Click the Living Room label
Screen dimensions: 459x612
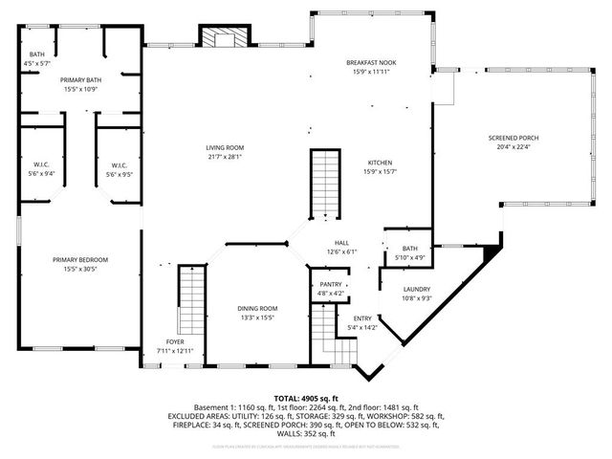pyautogui.click(x=226, y=147)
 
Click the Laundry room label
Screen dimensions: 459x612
pyautogui.click(x=416, y=289)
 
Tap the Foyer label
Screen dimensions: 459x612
pyautogui.click(x=175, y=341)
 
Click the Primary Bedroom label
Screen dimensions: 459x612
pyautogui.click(x=80, y=259)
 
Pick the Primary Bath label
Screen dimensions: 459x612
pyautogui.click(x=80, y=80)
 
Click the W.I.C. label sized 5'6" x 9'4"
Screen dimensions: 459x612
pyautogui.click(x=42, y=164)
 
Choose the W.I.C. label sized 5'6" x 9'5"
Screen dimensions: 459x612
pyautogui.click(x=120, y=164)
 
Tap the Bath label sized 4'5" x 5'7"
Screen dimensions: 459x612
pyautogui.click(x=37, y=55)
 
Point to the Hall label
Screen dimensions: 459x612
pyautogui.click(x=341, y=243)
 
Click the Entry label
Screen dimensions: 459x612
pyautogui.click(x=363, y=318)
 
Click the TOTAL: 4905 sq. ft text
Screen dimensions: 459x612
pyautogui.click(x=306, y=398)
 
